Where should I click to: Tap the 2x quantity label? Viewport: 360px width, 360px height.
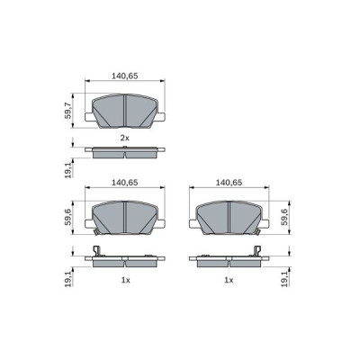coord(125,138)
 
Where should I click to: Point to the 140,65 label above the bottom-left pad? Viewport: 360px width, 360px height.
coord(124,182)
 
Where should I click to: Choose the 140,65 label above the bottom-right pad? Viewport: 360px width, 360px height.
coord(229,182)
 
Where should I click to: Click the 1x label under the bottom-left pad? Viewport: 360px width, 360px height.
coord(125,281)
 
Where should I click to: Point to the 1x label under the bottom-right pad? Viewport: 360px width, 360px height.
coord(229,281)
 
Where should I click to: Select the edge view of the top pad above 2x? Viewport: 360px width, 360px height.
coord(124,150)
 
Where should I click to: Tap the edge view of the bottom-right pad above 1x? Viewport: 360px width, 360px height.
coord(229,262)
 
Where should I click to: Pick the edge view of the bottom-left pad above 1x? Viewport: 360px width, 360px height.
coord(124,262)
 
